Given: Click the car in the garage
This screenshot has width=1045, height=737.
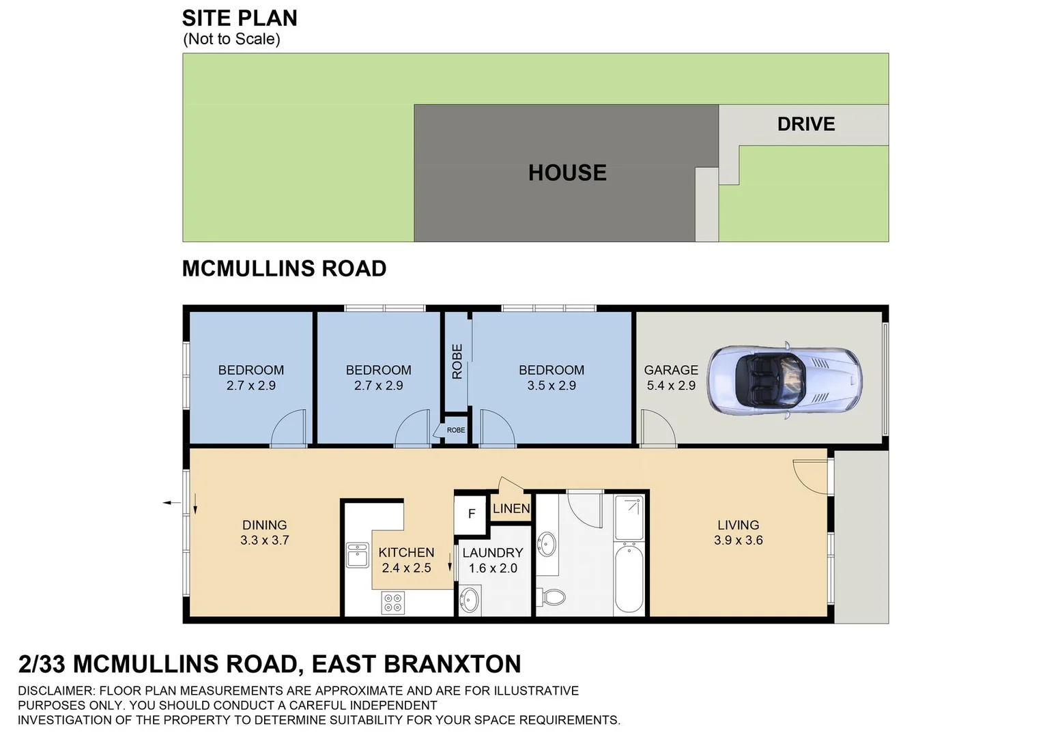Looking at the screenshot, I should pyautogui.click(x=784, y=378).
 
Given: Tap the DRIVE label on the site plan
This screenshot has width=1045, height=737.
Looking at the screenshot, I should pyautogui.click(x=805, y=124).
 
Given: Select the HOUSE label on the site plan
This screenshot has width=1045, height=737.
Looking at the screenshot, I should pyautogui.click(x=567, y=173).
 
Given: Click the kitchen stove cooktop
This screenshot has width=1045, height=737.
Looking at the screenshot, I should pyautogui.click(x=393, y=603).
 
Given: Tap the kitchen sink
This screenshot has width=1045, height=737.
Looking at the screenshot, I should pyautogui.click(x=357, y=555).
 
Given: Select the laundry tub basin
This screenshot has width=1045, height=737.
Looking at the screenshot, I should pyautogui.click(x=470, y=601).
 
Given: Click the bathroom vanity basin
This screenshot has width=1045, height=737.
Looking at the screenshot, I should pyautogui.click(x=546, y=545).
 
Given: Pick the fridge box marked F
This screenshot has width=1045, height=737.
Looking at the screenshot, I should pyautogui.click(x=471, y=514).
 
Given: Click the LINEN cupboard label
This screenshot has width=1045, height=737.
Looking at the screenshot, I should pyautogui.click(x=511, y=508).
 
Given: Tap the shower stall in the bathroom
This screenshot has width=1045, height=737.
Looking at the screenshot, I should pyautogui.click(x=628, y=518).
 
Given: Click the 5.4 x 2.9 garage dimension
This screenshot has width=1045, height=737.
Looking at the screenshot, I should pyautogui.click(x=671, y=386).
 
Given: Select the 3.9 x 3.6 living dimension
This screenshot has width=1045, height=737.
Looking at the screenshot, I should pyautogui.click(x=738, y=540).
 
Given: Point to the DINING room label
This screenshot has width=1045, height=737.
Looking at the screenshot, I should pyautogui.click(x=264, y=525).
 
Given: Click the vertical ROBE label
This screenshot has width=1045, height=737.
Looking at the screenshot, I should pyautogui.click(x=457, y=361).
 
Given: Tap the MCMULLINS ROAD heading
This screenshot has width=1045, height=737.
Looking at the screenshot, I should pyautogui.click(x=284, y=269).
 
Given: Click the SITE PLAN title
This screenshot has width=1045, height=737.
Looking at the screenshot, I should pyautogui.click(x=240, y=18).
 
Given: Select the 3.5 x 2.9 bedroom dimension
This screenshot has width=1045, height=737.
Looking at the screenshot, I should pyautogui.click(x=551, y=386).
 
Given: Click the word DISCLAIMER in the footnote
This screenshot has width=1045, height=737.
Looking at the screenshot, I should pyautogui.click(x=56, y=691).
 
